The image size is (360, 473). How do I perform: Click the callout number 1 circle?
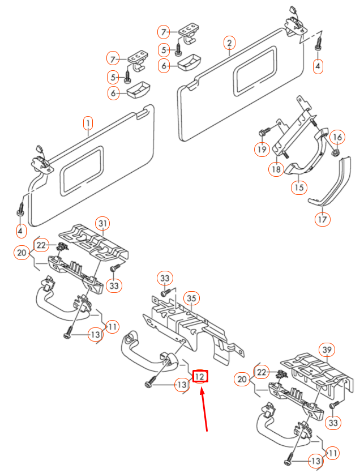coord(88,122)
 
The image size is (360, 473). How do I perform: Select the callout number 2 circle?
coord(229,42)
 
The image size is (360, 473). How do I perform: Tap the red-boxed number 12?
coord(201,376)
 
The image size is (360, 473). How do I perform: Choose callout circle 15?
coord(298,187)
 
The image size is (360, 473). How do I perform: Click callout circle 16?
coord(337,137)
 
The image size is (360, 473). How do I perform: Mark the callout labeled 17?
coord(322,219)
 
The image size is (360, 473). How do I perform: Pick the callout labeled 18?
coord(276,169)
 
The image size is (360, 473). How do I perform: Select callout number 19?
coord(261,150)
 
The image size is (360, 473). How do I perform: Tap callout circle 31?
coord(102,224)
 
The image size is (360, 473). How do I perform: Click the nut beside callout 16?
coord(333,151)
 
